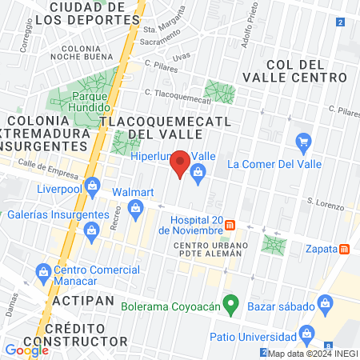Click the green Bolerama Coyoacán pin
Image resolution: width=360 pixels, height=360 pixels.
(231, 303)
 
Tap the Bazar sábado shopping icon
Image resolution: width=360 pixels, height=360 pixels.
(325, 303)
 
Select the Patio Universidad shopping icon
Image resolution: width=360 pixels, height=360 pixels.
(305, 334)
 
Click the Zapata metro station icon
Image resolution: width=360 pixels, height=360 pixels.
(344, 248)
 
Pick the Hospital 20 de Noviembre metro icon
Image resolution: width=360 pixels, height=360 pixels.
(230, 225)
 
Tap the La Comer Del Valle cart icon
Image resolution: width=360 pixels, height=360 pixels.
(303, 145)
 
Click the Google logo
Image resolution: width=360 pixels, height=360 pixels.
(26, 350)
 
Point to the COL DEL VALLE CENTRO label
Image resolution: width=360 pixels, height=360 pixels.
(307, 70)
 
